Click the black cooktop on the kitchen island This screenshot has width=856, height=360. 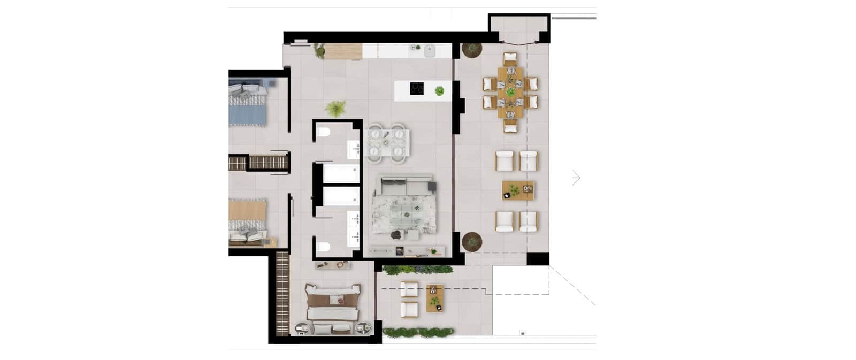(417, 89)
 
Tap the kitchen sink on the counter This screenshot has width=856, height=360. (429, 51)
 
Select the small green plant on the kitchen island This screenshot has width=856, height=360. (439, 90)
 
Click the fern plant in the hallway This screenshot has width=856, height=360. (335, 109)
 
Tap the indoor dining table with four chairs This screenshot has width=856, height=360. (387, 142)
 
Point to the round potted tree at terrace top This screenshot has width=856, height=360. (472, 50)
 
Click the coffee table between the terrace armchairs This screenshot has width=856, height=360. (518, 190)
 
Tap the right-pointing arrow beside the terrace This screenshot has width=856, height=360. (576, 178)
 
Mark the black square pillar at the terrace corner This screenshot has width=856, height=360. (538, 259)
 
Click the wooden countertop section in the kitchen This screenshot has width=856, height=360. (343, 52)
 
